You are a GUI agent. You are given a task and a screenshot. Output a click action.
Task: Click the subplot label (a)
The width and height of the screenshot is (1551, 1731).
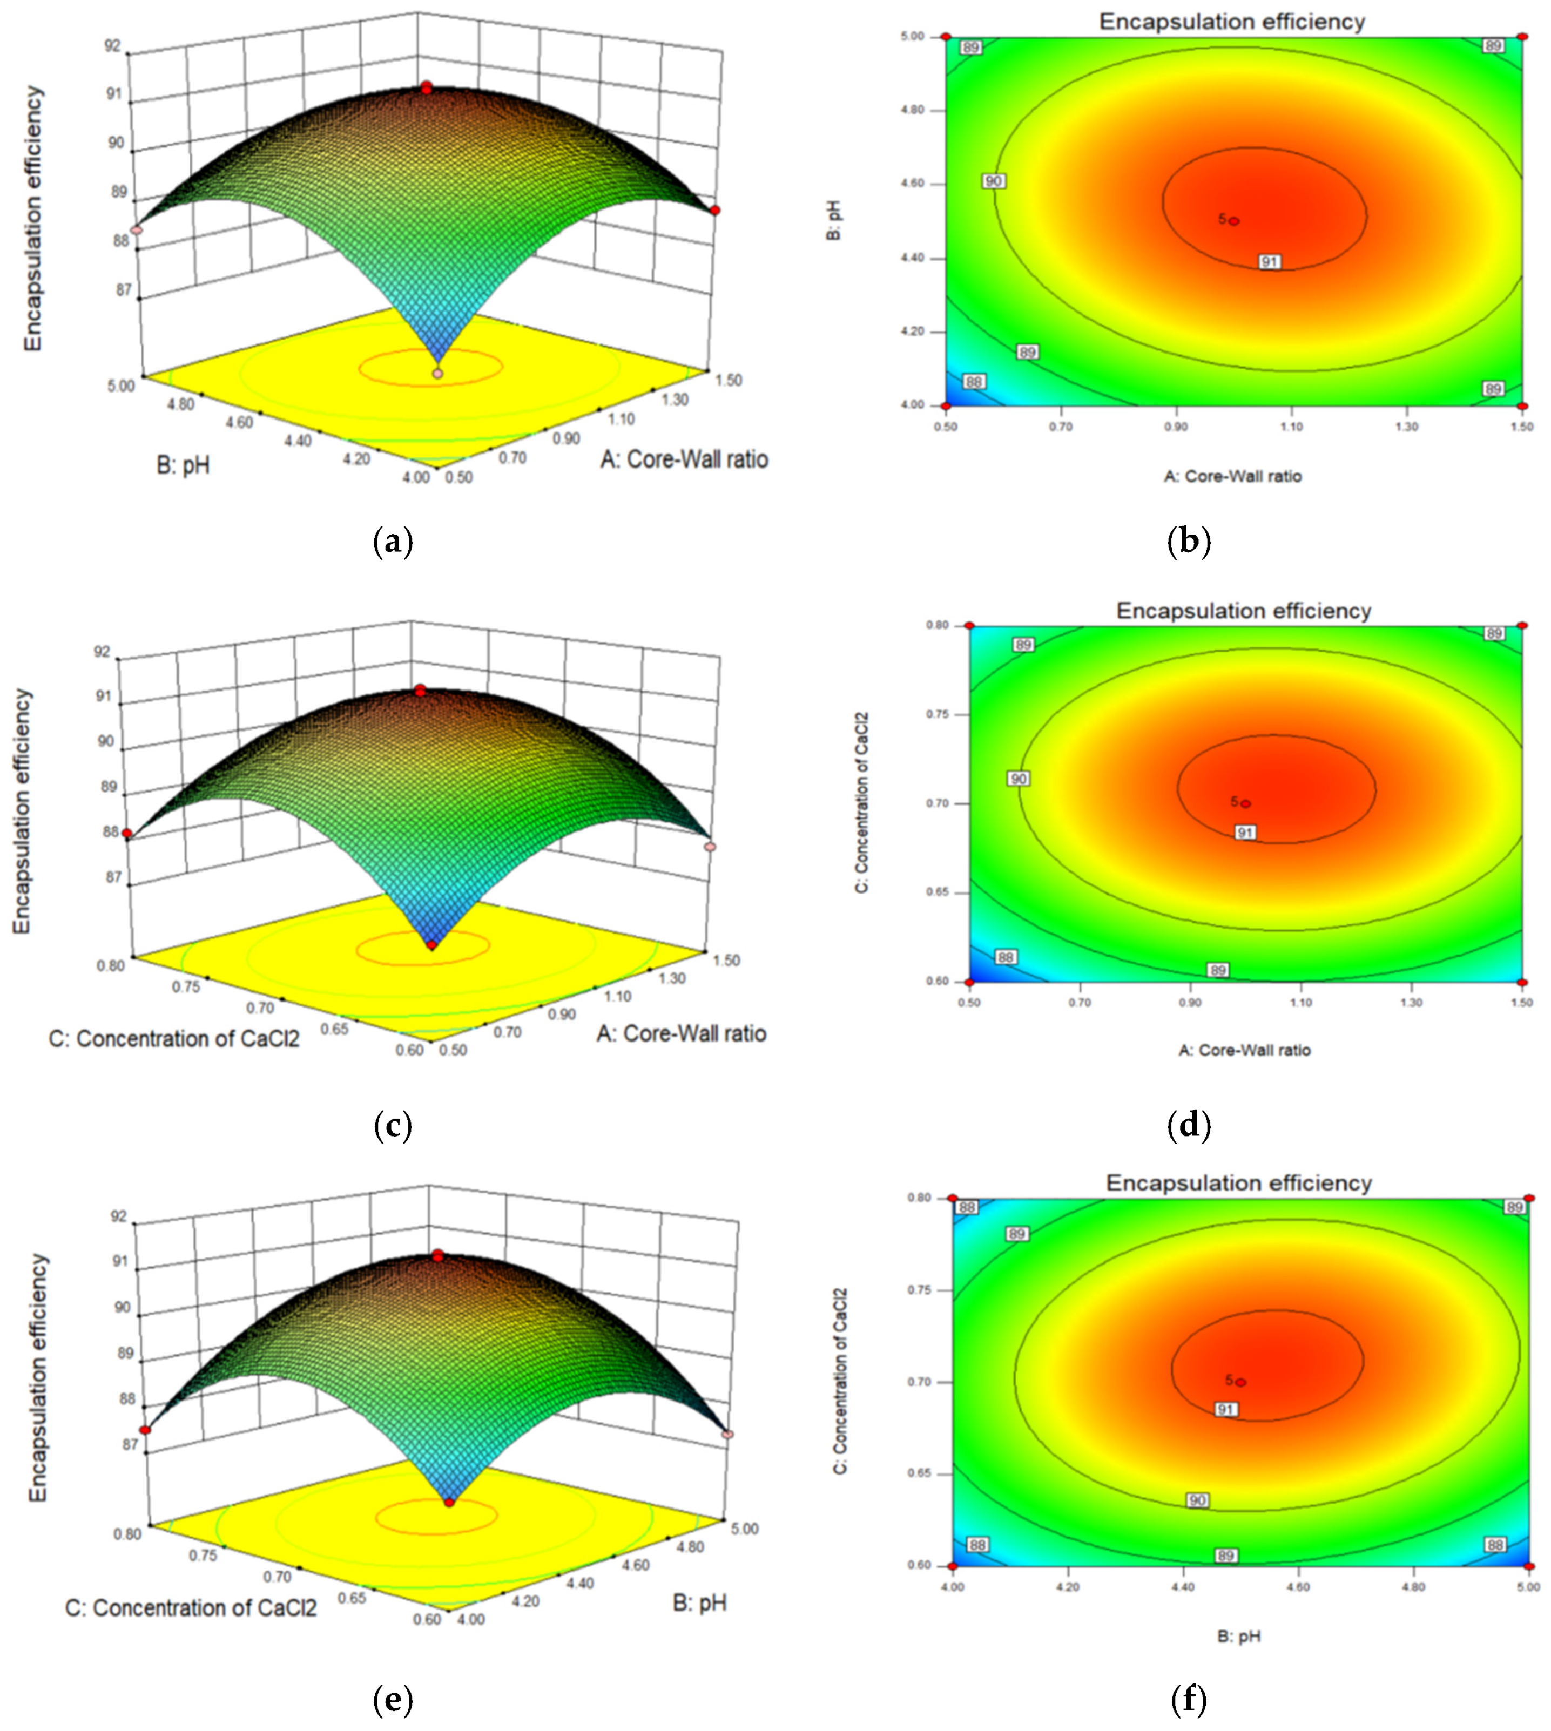click(x=393, y=542)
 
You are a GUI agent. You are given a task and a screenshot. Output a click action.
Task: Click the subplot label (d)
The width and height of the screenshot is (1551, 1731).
click(x=1189, y=1125)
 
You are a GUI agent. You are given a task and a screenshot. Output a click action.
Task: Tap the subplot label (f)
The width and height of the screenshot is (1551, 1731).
click(x=1189, y=1700)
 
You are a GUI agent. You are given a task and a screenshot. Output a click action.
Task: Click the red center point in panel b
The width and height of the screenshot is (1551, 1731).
click(x=1234, y=221)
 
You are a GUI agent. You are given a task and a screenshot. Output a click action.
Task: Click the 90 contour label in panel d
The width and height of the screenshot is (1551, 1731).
click(x=1019, y=779)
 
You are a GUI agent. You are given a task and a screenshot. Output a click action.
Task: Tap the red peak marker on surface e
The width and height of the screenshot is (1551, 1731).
click(x=438, y=1256)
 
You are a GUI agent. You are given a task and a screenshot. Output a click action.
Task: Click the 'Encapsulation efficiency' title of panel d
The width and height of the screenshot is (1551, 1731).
click(x=1243, y=611)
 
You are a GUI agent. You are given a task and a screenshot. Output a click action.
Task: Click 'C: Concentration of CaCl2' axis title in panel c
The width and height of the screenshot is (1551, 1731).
click(x=174, y=1038)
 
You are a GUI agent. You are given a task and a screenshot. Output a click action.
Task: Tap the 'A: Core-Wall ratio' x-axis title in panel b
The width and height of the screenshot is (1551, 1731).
click(x=1233, y=476)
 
